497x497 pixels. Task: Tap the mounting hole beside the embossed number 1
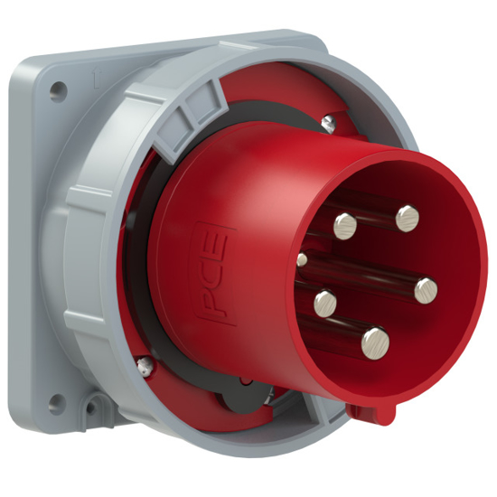[x=58, y=90]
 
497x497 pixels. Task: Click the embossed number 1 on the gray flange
[x=94, y=80]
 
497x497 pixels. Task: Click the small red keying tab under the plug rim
[x=371, y=412]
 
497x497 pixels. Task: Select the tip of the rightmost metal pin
[x=427, y=289]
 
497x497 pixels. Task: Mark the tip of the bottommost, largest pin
[x=375, y=342]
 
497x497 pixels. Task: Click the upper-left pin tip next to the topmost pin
[x=345, y=225]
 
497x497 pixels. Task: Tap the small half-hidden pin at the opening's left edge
[x=302, y=259]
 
